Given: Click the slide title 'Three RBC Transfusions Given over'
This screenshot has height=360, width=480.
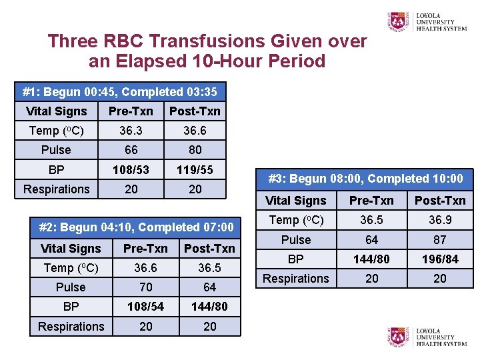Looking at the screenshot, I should (x=207, y=41).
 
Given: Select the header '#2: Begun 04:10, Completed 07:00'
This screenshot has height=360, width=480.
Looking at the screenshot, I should (x=137, y=227).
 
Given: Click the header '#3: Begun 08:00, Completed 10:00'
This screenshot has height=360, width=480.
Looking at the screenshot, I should (x=365, y=179).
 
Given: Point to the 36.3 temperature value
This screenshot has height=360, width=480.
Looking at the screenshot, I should (x=131, y=131).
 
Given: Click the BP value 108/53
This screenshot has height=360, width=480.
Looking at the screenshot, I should (x=131, y=170).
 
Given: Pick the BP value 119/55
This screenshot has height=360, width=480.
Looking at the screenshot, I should (x=195, y=170).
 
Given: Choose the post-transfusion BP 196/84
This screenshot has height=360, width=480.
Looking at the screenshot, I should (x=440, y=259).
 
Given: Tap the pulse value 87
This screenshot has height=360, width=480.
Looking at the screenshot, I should (x=440, y=240).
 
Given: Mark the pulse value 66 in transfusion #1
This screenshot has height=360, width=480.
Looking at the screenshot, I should (x=131, y=150).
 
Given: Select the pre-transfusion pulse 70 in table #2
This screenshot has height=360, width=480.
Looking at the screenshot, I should (x=145, y=287).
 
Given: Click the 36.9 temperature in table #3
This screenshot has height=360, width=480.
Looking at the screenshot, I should (x=440, y=220).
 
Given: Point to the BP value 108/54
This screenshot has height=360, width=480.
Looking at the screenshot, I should (x=145, y=307).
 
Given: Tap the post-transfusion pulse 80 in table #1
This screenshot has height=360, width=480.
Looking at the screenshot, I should (x=195, y=150).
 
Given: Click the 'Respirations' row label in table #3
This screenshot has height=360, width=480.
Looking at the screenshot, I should (x=296, y=279).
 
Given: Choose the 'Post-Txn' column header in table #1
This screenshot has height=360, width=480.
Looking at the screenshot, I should (x=195, y=111).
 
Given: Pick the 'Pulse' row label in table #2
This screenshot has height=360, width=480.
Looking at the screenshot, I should (x=71, y=287).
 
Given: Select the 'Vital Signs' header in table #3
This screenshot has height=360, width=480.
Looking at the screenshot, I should (x=296, y=201).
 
